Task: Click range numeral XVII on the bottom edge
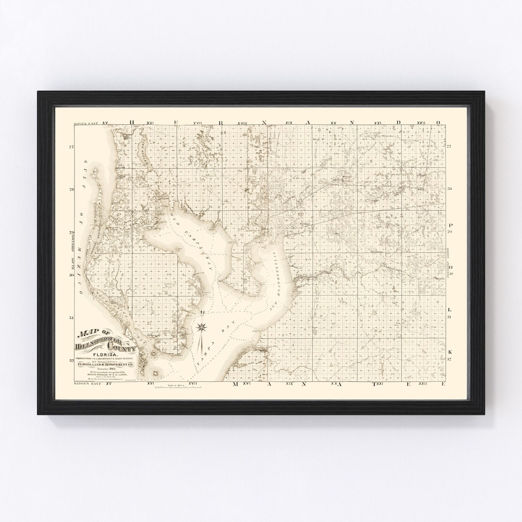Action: tap(193, 383)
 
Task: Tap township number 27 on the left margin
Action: tap(71, 147)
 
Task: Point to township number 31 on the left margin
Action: tap(71, 318)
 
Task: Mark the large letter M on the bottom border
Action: tap(235, 384)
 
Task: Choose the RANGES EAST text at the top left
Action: tap(85, 124)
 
